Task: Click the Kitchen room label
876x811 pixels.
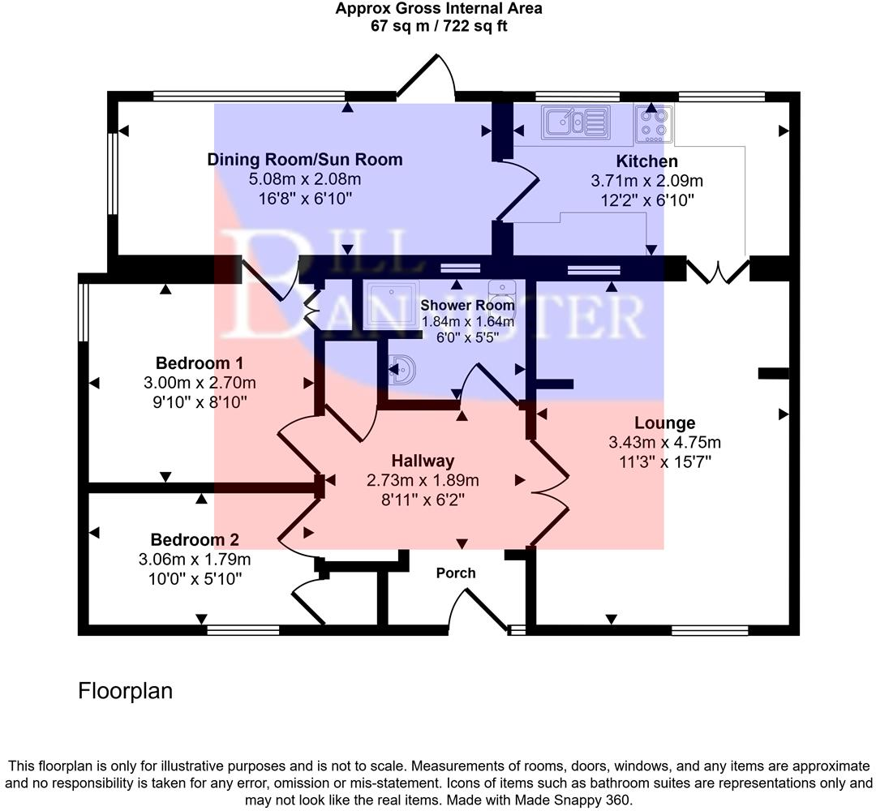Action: click(x=646, y=161)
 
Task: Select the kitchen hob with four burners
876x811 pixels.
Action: click(x=654, y=122)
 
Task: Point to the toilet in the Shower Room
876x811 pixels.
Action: click(x=502, y=290)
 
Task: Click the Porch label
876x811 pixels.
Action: click(x=456, y=573)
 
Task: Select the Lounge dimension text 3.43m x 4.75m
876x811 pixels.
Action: click(x=664, y=443)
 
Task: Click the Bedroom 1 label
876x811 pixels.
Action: click(x=200, y=363)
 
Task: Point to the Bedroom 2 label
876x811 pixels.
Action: click(x=195, y=539)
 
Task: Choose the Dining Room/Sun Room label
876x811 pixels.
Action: click(x=305, y=159)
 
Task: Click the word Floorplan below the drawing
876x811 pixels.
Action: click(x=126, y=691)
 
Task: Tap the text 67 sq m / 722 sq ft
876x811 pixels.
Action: click(x=439, y=26)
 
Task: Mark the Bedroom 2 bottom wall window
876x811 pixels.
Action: click(x=243, y=629)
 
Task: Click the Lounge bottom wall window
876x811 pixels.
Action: click(x=710, y=629)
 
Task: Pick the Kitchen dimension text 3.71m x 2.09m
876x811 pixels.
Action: click(x=646, y=180)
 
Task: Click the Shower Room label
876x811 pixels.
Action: click(x=467, y=306)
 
